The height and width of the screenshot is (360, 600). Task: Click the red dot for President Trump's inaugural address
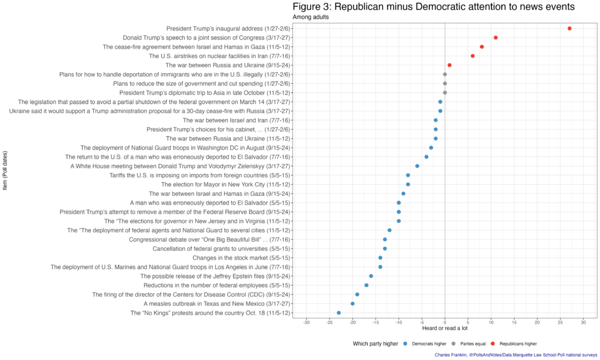pyautogui.click(x=569, y=28)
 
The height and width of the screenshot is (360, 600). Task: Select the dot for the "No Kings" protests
pyautogui.click(x=339, y=313)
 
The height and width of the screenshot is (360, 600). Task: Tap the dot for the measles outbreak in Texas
pyautogui.click(x=352, y=304)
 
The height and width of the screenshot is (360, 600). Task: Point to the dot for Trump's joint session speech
pyautogui.click(x=496, y=38)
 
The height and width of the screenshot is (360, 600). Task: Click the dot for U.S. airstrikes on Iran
pyautogui.click(x=472, y=56)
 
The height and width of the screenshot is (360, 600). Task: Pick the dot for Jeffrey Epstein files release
pyautogui.click(x=371, y=276)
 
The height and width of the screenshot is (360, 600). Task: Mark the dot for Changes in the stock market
pyautogui.click(x=380, y=257)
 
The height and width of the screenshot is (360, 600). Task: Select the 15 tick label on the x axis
pyautogui.click(x=514, y=322)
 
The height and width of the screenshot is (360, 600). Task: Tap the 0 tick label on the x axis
pyautogui.click(x=445, y=322)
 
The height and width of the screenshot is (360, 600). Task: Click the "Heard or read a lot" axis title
pyautogui.click(x=445, y=329)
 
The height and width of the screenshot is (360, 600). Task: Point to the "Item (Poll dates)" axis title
pyautogui.click(x=5, y=170)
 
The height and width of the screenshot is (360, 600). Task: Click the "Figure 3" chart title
pyautogui.click(x=433, y=6)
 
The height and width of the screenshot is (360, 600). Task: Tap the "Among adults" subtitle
pyautogui.click(x=311, y=17)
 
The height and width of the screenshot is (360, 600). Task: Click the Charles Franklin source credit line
pyautogui.click(x=516, y=355)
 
